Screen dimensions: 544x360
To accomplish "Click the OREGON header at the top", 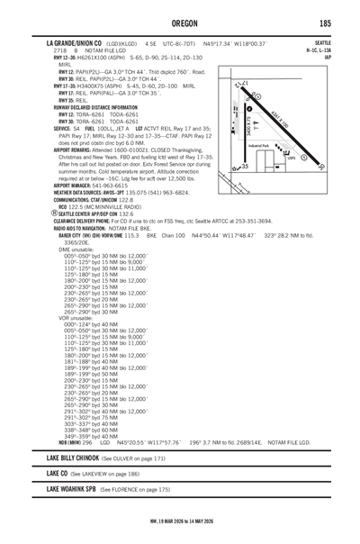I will [180, 23].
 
